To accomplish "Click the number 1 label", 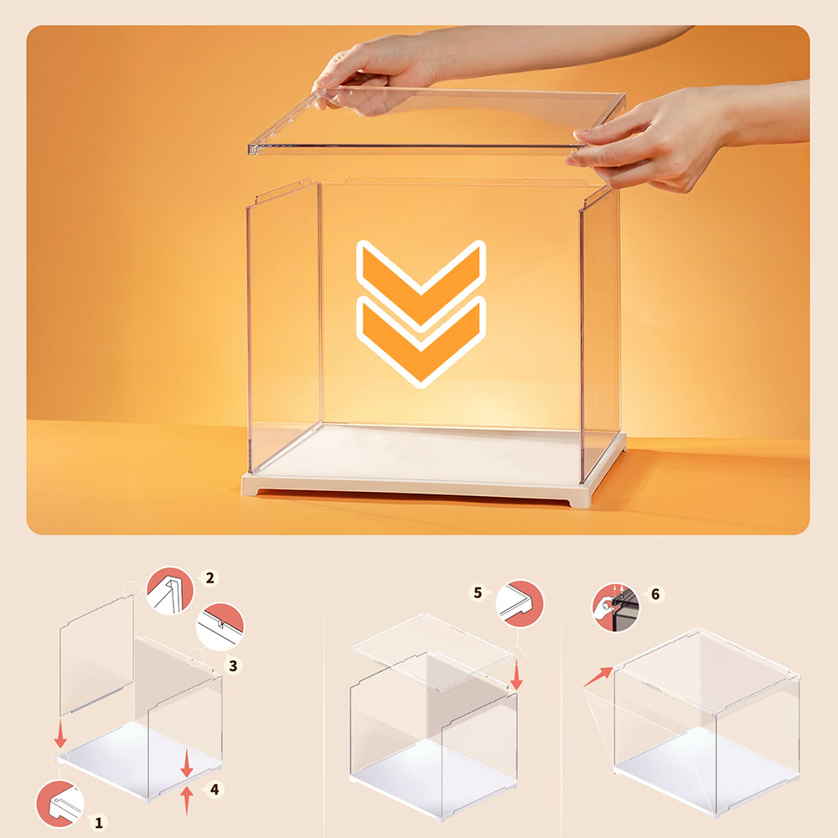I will pos(99,822).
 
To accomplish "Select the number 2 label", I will pos(209,577).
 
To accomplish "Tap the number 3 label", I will pos(234,665).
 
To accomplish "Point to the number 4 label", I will pos(215,789).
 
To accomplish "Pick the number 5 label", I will pos(478,592).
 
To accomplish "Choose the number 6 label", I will pos(655,593).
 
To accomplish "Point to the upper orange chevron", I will pos(421,275).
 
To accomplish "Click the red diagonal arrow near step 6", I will pos(597,676).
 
